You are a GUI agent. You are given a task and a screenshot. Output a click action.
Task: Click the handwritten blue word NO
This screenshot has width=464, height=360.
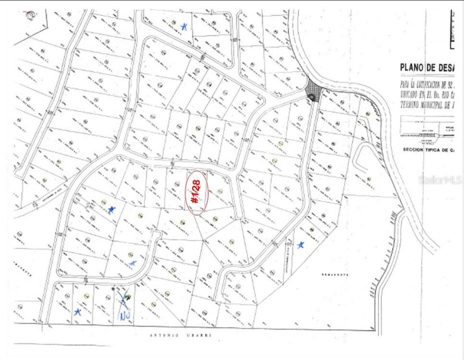tap(124, 315)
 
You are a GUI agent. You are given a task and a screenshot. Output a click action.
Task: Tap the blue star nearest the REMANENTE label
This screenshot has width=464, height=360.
tap(301, 244)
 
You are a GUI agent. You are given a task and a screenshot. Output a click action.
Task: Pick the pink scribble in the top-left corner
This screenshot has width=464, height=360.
tap(30, 15)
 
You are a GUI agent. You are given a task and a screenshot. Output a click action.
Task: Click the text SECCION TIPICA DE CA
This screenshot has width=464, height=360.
tap(432, 149)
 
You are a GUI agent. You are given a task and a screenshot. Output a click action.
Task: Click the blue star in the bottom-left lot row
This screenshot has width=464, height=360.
tap(77, 311)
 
